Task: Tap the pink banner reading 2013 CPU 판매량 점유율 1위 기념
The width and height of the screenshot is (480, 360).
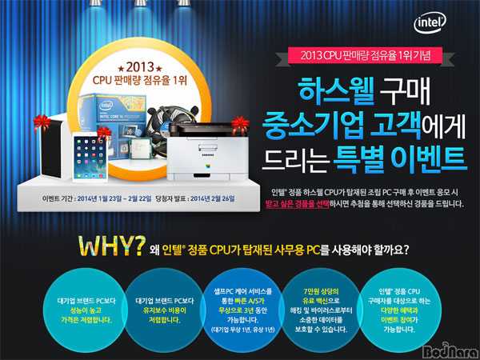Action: (x=366, y=55)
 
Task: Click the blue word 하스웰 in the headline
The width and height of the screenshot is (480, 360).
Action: (x=337, y=90)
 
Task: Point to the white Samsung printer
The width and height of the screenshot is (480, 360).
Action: (x=207, y=153)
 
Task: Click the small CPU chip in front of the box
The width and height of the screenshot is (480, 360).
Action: (x=141, y=148)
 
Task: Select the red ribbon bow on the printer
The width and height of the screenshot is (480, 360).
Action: (x=240, y=126)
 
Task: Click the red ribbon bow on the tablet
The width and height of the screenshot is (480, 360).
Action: (x=104, y=134)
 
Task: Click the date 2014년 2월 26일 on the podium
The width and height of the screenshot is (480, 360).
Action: (x=213, y=198)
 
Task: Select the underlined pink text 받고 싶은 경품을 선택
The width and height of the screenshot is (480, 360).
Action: (x=298, y=204)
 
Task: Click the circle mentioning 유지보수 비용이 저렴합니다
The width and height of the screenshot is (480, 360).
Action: (x=164, y=310)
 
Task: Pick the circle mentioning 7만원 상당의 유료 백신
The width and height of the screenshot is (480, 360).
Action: (x=321, y=310)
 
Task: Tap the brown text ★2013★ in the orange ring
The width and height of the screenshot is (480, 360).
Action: (x=140, y=66)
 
